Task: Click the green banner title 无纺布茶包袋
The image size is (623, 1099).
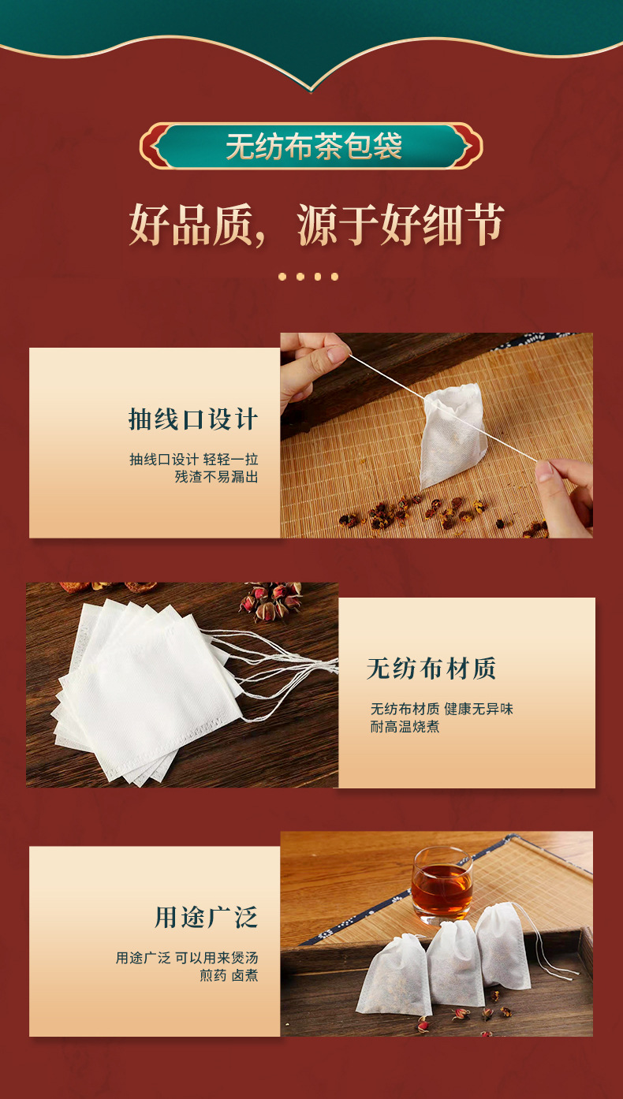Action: (314, 146)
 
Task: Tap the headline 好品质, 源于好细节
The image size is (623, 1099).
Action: (316, 225)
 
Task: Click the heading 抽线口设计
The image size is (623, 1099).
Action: (193, 419)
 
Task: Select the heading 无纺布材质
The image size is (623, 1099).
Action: (431, 669)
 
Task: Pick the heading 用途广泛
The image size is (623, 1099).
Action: (206, 918)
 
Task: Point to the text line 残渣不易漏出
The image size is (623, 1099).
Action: (217, 477)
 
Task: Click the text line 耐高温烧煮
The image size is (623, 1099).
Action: (405, 727)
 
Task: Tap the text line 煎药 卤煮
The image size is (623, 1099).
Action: (229, 975)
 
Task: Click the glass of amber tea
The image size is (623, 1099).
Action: (442, 885)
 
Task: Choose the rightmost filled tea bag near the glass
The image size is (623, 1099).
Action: (503, 944)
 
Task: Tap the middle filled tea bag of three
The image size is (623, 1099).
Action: (454, 963)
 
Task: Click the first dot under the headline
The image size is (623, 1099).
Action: (282, 277)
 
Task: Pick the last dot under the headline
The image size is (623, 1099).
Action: (335, 277)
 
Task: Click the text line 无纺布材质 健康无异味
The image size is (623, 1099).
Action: (442, 709)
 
